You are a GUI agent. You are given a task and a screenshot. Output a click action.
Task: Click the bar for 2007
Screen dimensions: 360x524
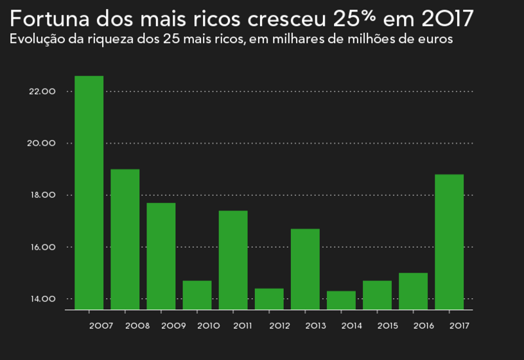tap(89, 193)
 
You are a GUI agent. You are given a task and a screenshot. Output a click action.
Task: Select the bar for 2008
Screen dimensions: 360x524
tap(125, 239)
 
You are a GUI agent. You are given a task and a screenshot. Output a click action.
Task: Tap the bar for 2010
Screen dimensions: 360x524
tap(197, 295)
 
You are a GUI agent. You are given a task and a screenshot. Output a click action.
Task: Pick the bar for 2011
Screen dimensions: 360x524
tap(232, 260)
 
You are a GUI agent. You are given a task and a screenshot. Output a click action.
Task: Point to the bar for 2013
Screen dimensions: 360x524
tap(305, 269)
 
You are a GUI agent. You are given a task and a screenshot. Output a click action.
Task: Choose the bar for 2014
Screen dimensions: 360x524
tap(341, 300)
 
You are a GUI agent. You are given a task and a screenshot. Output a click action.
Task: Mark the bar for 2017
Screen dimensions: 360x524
tap(449, 242)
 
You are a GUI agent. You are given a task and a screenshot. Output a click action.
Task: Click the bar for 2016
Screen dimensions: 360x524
tap(413, 291)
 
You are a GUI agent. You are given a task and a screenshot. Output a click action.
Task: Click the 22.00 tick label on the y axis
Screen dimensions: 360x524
tap(42, 91)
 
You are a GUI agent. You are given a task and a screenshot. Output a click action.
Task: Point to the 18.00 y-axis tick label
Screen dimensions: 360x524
tap(42, 195)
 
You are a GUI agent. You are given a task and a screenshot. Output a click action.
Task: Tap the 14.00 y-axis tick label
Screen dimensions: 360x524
tap(42, 299)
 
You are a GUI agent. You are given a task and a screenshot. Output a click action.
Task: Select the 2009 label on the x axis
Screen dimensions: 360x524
tap(173, 326)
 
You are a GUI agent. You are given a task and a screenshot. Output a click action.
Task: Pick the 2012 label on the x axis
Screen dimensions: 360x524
tap(279, 326)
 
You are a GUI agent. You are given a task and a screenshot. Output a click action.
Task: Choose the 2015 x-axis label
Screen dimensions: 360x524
tap(387, 326)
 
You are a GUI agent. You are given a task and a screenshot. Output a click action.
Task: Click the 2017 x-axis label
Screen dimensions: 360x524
tap(459, 326)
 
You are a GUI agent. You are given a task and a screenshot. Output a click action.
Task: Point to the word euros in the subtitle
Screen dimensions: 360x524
tap(438, 39)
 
